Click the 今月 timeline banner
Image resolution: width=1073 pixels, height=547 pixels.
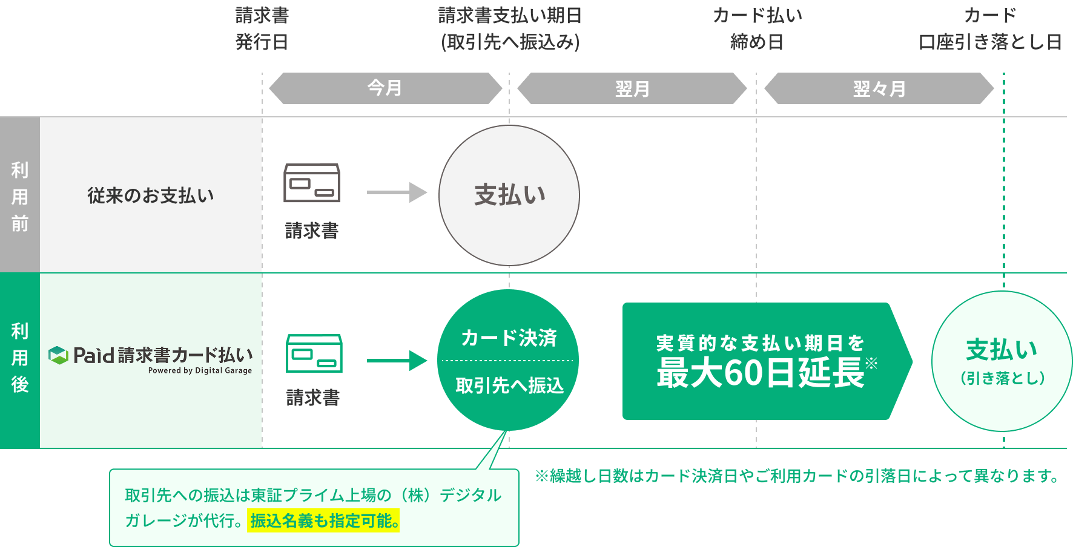(x=385, y=88)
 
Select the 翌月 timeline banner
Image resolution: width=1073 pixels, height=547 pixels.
(x=632, y=89)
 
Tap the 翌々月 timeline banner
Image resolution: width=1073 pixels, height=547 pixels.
(x=879, y=89)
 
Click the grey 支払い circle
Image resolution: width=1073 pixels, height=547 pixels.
(x=509, y=195)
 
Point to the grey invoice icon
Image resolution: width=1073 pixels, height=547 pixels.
(x=312, y=183)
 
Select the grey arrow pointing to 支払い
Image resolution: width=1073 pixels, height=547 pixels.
(x=397, y=193)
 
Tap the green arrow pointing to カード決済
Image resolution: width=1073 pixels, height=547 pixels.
(x=397, y=361)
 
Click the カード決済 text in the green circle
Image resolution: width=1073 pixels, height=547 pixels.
(x=509, y=338)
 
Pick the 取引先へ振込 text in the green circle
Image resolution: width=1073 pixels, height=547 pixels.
(x=509, y=385)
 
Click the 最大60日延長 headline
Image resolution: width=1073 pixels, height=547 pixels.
(x=761, y=373)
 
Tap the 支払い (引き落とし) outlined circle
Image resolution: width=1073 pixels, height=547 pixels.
(x=1002, y=361)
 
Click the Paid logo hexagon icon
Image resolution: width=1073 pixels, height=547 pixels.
(x=58, y=355)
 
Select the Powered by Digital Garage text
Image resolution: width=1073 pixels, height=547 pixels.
(x=200, y=370)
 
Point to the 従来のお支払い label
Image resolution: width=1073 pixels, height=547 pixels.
(x=151, y=195)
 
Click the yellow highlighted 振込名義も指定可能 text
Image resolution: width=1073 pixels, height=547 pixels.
(x=323, y=520)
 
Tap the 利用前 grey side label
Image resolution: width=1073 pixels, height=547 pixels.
(x=20, y=196)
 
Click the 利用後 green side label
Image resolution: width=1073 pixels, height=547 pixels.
(x=20, y=358)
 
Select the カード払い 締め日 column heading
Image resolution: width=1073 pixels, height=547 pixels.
(x=757, y=28)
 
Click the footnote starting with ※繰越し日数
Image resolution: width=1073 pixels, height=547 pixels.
(x=797, y=476)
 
